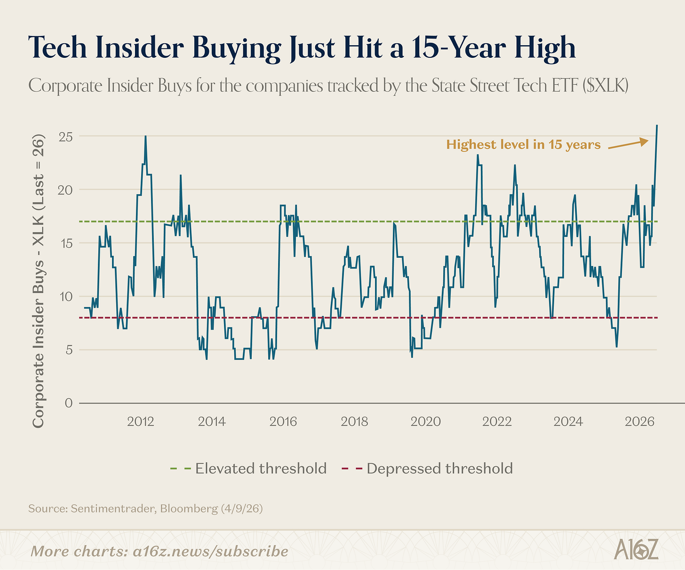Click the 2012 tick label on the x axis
[x=141, y=421]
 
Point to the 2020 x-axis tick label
[x=426, y=421]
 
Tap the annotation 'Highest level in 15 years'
[x=523, y=144]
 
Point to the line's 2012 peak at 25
[x=145, y=136]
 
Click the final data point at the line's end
[x=656, y=126]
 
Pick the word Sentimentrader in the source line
[x=112, y=508]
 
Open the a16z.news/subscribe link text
[x=210, y=551]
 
